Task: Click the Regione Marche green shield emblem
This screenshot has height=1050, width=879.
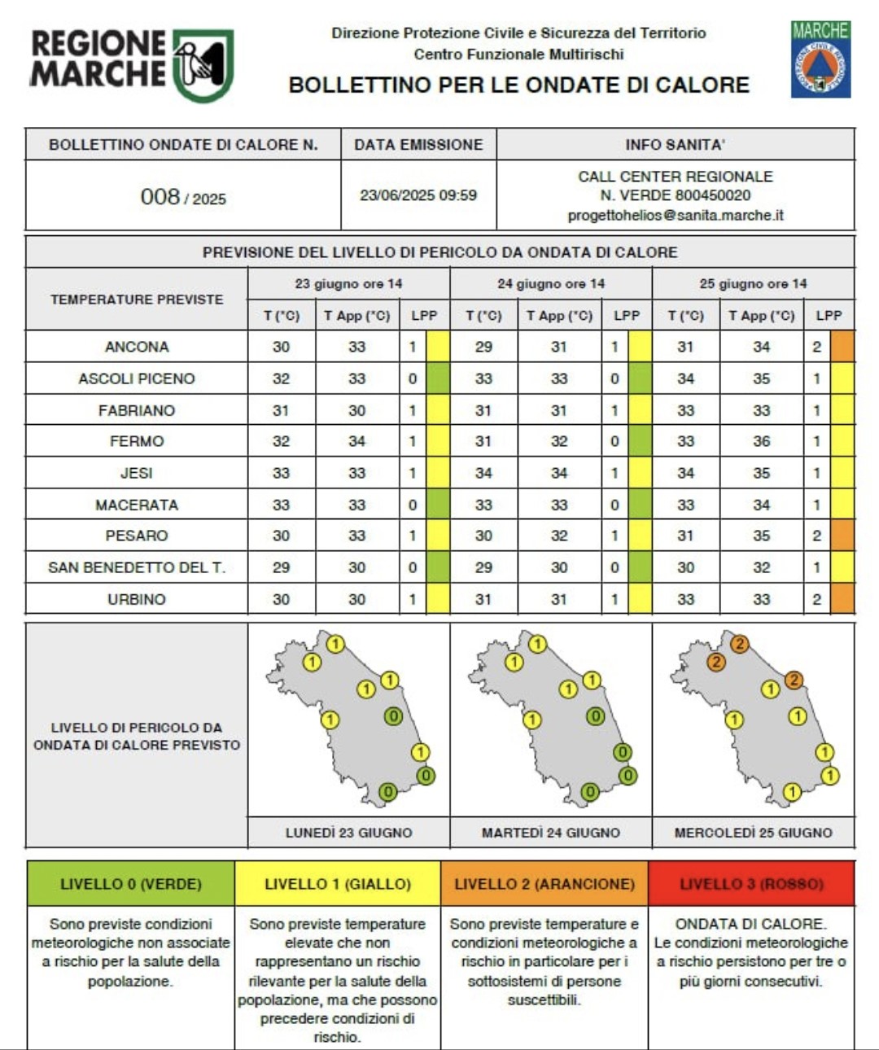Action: (203, 65)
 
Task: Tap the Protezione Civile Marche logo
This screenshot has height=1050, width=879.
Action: (820, 59)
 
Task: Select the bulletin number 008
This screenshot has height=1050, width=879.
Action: (160, 197)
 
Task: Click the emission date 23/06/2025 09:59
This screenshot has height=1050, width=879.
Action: (418, 195)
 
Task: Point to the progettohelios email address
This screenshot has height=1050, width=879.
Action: (676, 216)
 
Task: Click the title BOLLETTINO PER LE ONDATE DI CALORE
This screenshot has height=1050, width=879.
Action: (518, 85)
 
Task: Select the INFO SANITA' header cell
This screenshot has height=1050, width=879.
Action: (675, 145)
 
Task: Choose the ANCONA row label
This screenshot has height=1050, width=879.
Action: (137, 347)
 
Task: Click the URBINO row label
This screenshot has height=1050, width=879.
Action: (137, 599)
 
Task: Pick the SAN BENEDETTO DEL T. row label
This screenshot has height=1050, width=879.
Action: (137, 567)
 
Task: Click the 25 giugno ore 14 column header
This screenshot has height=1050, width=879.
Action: (753, 284)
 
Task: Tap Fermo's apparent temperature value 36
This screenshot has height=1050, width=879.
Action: (761, 441)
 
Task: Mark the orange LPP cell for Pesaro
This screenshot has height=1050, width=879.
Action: (842, 536)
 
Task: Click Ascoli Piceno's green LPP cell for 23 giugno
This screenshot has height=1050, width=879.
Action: (438, 378)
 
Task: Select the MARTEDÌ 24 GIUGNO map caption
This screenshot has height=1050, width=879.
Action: (550, 833)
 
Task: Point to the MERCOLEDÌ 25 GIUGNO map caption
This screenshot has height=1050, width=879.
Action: (753, 833)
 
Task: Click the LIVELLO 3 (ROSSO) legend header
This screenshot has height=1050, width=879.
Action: (751, 884)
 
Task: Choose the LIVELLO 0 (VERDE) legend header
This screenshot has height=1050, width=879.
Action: (131, 884)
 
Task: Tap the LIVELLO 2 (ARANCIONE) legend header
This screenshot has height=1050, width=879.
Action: (544, 884)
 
